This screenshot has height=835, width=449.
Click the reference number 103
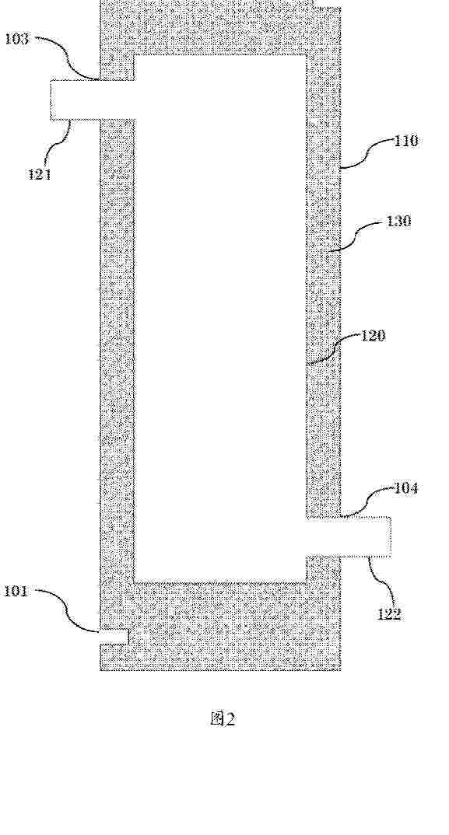pos(17,39)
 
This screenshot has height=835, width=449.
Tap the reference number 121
pos(40,174)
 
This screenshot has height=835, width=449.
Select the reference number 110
pos(406,141)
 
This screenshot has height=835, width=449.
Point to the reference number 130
pos(399,221)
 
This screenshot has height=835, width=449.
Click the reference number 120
pos(374,336)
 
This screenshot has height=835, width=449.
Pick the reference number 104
pos(405,487)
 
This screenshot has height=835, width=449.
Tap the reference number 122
pos(389,614)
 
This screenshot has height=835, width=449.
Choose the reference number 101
pos(16,591)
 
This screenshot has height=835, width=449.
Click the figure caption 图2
pos(223,719)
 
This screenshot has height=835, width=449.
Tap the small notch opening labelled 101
pos(114,637)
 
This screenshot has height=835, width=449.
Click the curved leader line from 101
pos(67,613)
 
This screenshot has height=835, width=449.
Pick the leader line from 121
pos(58,144)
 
